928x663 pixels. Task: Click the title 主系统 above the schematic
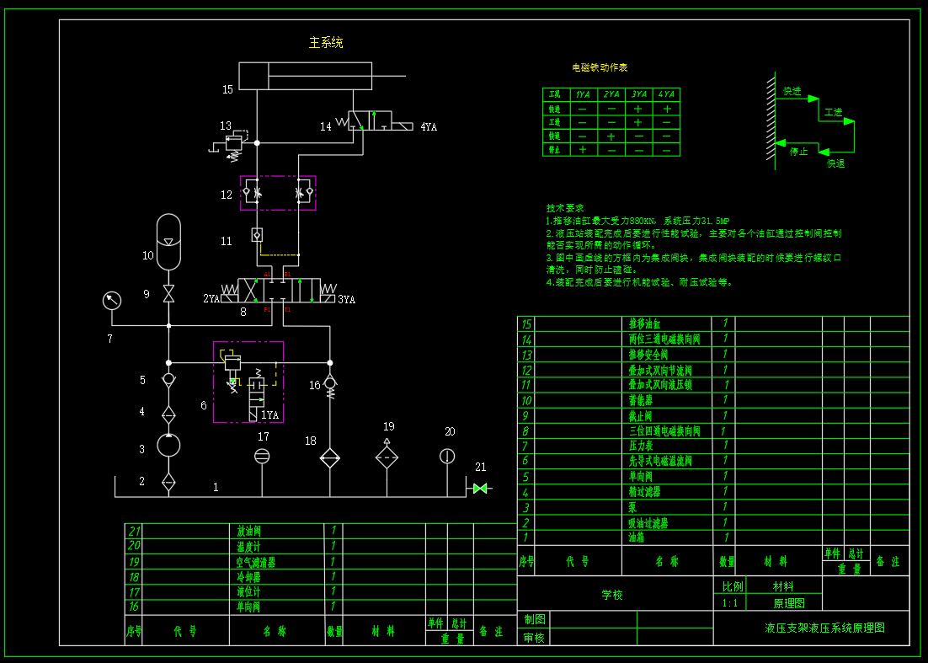click(326, 43)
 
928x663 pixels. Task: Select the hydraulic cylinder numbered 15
click(305, 76)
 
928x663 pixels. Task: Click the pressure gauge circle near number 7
click(111, 300)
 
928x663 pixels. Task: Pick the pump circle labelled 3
click(168, 445)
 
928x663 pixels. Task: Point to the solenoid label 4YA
click(428, 127)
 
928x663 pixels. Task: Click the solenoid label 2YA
click(211, 298)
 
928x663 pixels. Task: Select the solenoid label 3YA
click(346, 299)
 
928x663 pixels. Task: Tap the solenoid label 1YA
click(269, 414)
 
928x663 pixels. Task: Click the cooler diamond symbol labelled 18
click(329, 458)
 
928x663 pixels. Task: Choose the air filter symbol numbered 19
click(387, 457)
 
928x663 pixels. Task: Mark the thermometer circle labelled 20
click(447, 456)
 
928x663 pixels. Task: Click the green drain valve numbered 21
click(480, 488)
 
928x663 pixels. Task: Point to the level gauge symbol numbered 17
click(263, 456)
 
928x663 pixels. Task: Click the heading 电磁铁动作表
click(600, 67)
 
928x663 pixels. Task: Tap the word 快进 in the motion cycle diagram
click(792, 91)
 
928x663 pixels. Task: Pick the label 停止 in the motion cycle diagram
click(798, 152)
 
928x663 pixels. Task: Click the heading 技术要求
click(565, 208)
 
